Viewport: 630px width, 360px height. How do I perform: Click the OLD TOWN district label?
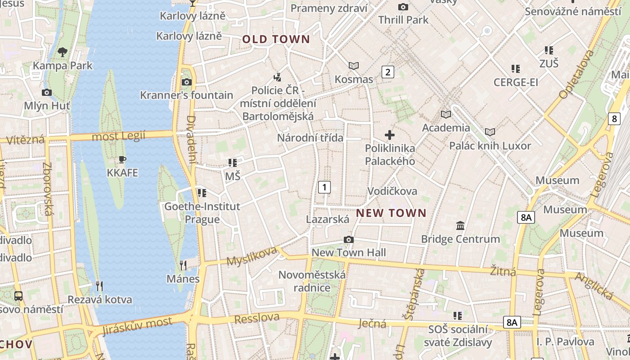coord(276,39)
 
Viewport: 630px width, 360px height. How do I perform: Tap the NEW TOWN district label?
coord(391,213)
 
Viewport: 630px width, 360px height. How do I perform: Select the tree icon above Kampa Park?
coord(63,52)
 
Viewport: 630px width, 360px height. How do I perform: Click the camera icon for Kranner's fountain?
coord(186,82)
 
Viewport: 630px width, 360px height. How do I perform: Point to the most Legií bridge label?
coord(119,136)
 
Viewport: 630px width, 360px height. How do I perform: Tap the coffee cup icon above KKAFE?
coord(122,159)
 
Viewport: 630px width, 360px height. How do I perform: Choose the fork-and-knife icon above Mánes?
coord(183,265)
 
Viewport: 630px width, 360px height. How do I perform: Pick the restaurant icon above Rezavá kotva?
coord(99,286)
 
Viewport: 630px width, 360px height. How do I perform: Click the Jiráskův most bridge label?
coord(137,326)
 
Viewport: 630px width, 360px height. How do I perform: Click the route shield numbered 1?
coord(324,187)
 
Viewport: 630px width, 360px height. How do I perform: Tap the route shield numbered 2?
coord(388,72)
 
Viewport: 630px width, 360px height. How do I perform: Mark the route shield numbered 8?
coord(614,119)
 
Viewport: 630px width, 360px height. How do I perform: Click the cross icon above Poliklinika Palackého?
coord(390,135)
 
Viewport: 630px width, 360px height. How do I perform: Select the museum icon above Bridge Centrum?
coord(460,225)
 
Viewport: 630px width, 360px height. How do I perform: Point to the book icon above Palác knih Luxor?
coord(490,132)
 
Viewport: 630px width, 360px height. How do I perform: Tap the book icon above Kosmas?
coord(354,66)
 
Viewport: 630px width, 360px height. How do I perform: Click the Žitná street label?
coord(503,271)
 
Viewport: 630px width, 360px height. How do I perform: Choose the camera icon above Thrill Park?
coord(403,7)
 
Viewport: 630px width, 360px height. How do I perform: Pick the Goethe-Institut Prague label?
coord(202,213)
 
